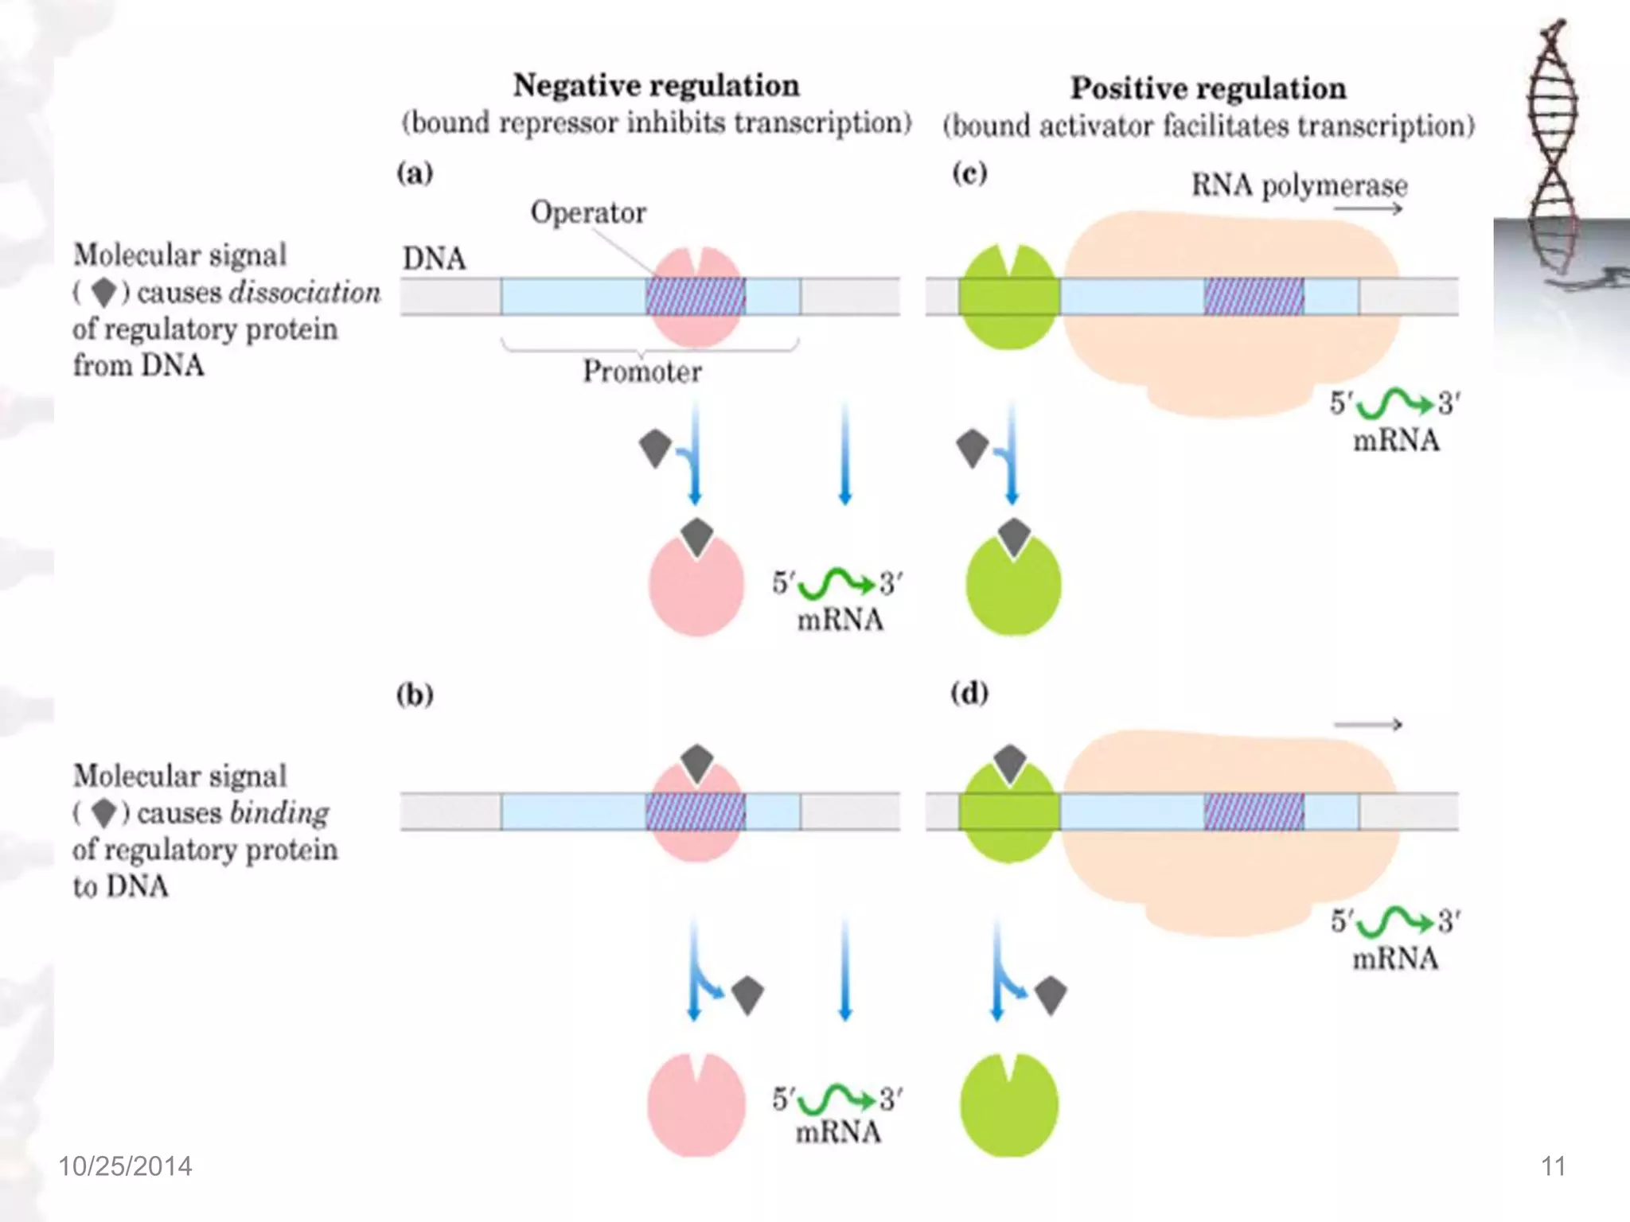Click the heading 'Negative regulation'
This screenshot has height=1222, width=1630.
coord(656,86)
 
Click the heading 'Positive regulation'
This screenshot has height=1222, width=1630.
coord(1207,88)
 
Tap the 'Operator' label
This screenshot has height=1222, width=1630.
coord(588,212)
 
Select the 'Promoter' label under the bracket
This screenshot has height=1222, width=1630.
coord(642,372)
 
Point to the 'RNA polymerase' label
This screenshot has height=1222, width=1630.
coord(1299,185)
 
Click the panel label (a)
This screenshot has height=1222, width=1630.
coord(415,173)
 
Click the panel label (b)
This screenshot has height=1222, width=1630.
coord(415,695)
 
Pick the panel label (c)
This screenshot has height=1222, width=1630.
coord(969,173)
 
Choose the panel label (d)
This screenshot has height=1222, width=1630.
coord(969,693)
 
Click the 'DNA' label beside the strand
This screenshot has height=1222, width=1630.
coord(434,259)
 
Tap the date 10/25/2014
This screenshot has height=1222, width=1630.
coord(125,1166)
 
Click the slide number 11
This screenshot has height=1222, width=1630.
coord(1553,1166)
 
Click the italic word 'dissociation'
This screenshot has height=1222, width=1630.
coord(305,293)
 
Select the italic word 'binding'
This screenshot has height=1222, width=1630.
coord(279,813)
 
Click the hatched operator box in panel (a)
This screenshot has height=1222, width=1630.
coord(696,297)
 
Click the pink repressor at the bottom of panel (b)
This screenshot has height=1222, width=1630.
coord(696,1106)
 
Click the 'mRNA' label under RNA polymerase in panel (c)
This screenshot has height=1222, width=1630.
coord(1396,441)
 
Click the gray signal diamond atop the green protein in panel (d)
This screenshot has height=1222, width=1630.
coord(1010,763)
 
